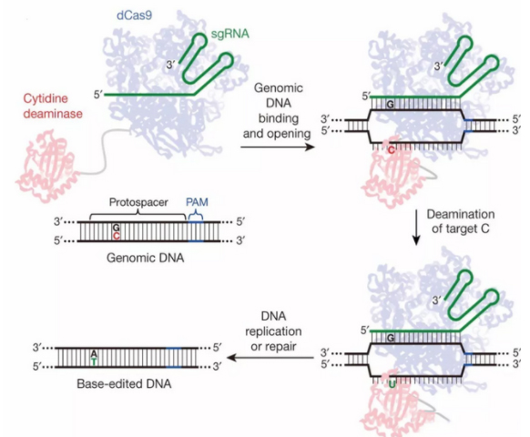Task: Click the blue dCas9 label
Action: (x=134, y=15)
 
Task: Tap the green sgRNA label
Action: (x=229, y=34)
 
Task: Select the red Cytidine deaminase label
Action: (x=53, y=106)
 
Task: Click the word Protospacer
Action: (x=138, y=202)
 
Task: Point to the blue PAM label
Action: (x=197, y=202)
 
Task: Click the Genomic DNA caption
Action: (x=146, y=258)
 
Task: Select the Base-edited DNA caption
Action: (x=124, y=383)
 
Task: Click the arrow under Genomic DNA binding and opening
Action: (x=278, y=147)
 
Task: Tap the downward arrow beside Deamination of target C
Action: (x=416, y=227)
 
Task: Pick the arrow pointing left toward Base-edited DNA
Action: (x=270, y=358)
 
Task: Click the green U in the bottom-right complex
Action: (x=392, y=384)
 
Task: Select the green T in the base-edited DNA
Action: (x=94, y=361)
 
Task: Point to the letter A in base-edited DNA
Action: (x=94, y=354)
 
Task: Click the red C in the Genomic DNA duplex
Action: (x=116, y=236)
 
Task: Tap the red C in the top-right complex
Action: (x=392, y=150)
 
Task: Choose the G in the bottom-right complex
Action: (x=391, y=338)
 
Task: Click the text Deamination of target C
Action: (x=461, y=221)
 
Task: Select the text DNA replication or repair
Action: (x=273, y=331)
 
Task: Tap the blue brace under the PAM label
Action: (x=196, y=215)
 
